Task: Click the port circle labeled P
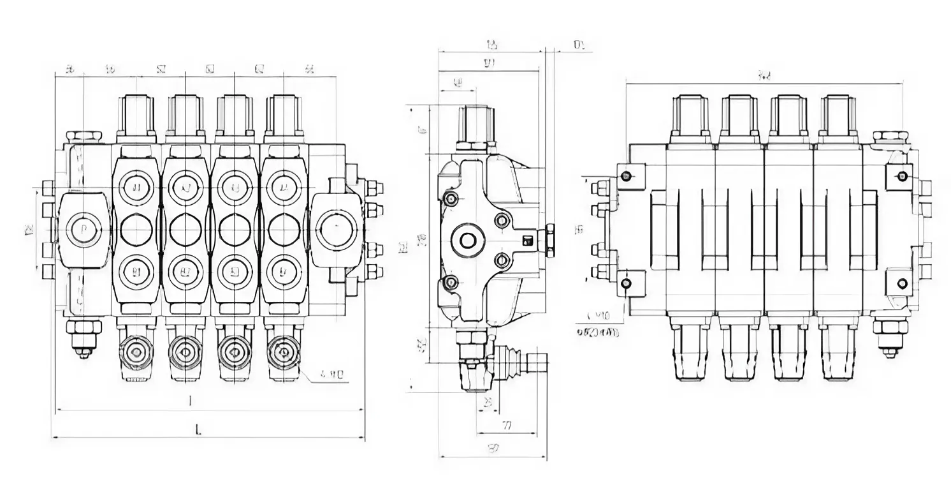[84, 230]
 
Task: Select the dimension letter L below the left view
[198, 431]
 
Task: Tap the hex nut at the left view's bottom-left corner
[83, 328]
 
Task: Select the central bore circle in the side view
[468, 241]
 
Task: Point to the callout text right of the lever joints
[331, 375]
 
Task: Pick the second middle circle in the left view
[185, 230]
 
